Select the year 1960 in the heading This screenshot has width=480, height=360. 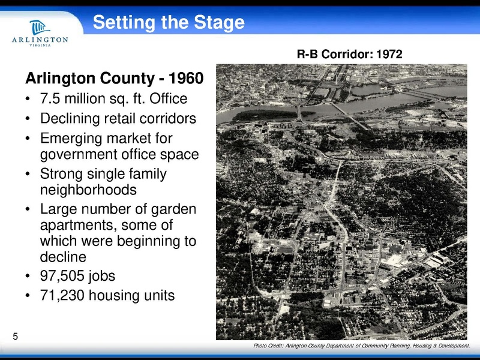[x=186, y=79]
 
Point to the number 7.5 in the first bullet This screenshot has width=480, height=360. [x=50, y=98]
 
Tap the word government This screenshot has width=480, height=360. [x=77, y=154]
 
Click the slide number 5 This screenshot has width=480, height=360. [x=15, y=337]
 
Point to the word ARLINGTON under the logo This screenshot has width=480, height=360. [x=40, y=40]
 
